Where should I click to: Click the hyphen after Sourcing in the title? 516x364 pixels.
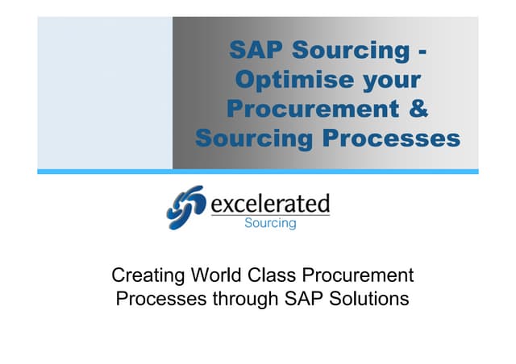[422, 51]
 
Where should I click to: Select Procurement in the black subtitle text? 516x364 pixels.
[360, 275]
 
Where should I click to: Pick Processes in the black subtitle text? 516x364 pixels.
[156, 300]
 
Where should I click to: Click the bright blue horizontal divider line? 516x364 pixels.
[258, 172]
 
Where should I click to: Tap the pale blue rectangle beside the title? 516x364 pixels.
[105, 93]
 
